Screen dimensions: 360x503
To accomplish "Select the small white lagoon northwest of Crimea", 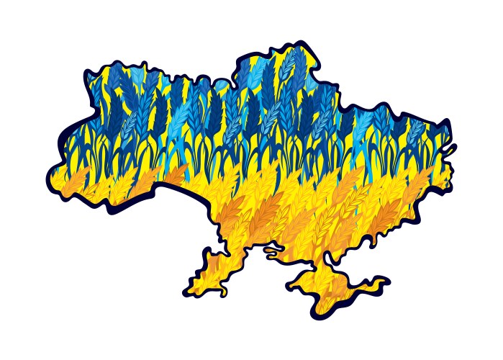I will coord(272,251).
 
